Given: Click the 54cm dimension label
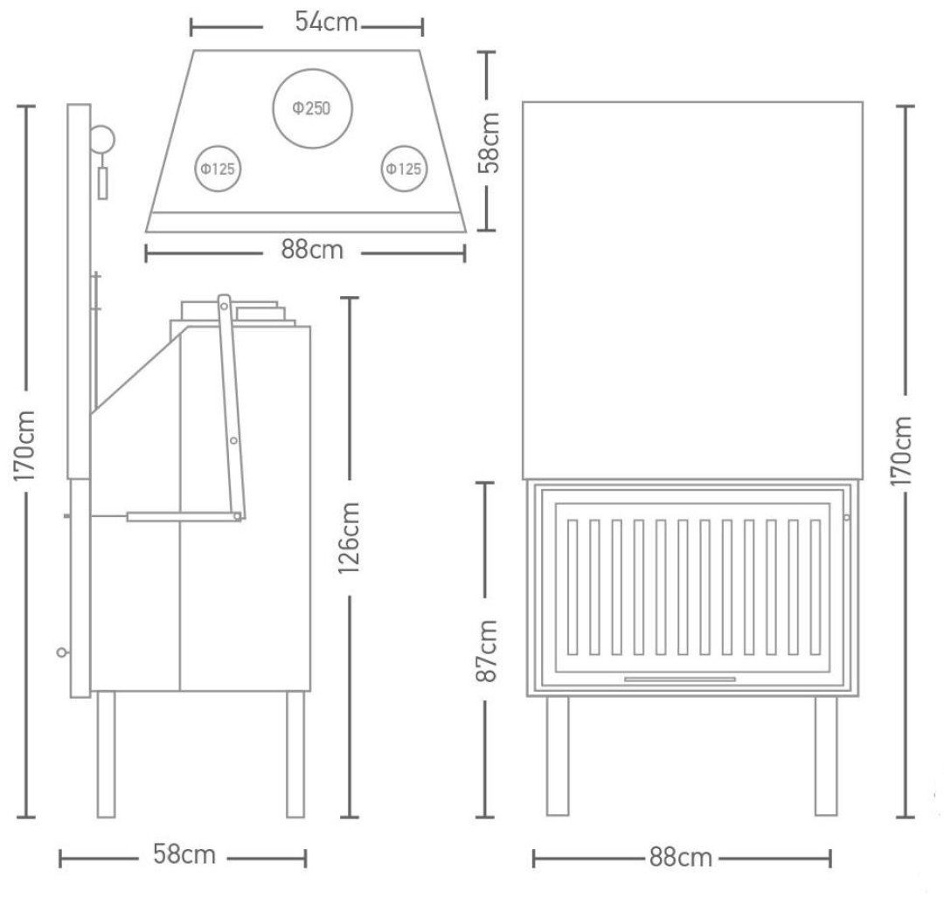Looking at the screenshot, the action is [326, 22].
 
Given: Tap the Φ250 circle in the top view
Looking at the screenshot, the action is [312, 70].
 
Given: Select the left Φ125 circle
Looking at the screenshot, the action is [218, 146].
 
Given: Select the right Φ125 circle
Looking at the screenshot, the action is [404, 146].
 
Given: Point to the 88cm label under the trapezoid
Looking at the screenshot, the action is [312, 250].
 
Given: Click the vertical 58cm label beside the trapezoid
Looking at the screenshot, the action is [489, 142].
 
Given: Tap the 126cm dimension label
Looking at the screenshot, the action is [349, 538].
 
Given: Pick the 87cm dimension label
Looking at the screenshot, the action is [487, 651].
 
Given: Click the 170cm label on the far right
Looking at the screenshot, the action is [902, 451].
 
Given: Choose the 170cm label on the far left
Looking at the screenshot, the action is [24, 445].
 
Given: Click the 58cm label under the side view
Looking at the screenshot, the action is [184, 854].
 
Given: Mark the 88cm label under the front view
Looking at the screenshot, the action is [680, 858].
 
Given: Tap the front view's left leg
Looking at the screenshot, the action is [558, 756].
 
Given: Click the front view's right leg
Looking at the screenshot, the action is [826, 756].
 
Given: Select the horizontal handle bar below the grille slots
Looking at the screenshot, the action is [680, 680].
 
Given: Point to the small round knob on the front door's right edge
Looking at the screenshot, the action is [847, 517].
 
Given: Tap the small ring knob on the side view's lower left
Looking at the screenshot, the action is [61, 652].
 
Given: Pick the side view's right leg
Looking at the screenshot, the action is [295, 755].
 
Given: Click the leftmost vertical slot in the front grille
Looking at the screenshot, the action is [572, 587].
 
